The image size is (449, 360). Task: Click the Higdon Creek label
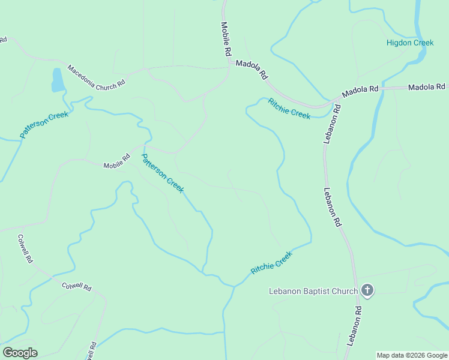[410, 43]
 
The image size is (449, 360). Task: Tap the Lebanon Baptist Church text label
[313, 292]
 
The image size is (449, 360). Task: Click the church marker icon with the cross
[367, 291]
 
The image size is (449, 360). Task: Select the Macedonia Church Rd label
[96, 77]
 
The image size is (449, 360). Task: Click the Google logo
[20, 353]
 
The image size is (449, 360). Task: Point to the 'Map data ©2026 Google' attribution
[412, 355]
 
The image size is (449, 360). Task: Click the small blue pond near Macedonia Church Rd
[58, 80]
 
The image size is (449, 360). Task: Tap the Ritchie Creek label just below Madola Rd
[289, 108]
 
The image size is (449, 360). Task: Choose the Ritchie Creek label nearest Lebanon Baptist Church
[272, 263]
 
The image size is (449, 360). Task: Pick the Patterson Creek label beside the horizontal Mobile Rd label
[162, 173]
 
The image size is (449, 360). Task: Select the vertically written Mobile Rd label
[226, 40]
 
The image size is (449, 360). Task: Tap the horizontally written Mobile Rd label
[116, 162]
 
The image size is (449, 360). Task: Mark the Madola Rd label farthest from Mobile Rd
[427, 88]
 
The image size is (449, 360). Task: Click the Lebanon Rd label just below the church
[355, 325]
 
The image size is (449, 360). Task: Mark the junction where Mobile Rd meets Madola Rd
[230, 62]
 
